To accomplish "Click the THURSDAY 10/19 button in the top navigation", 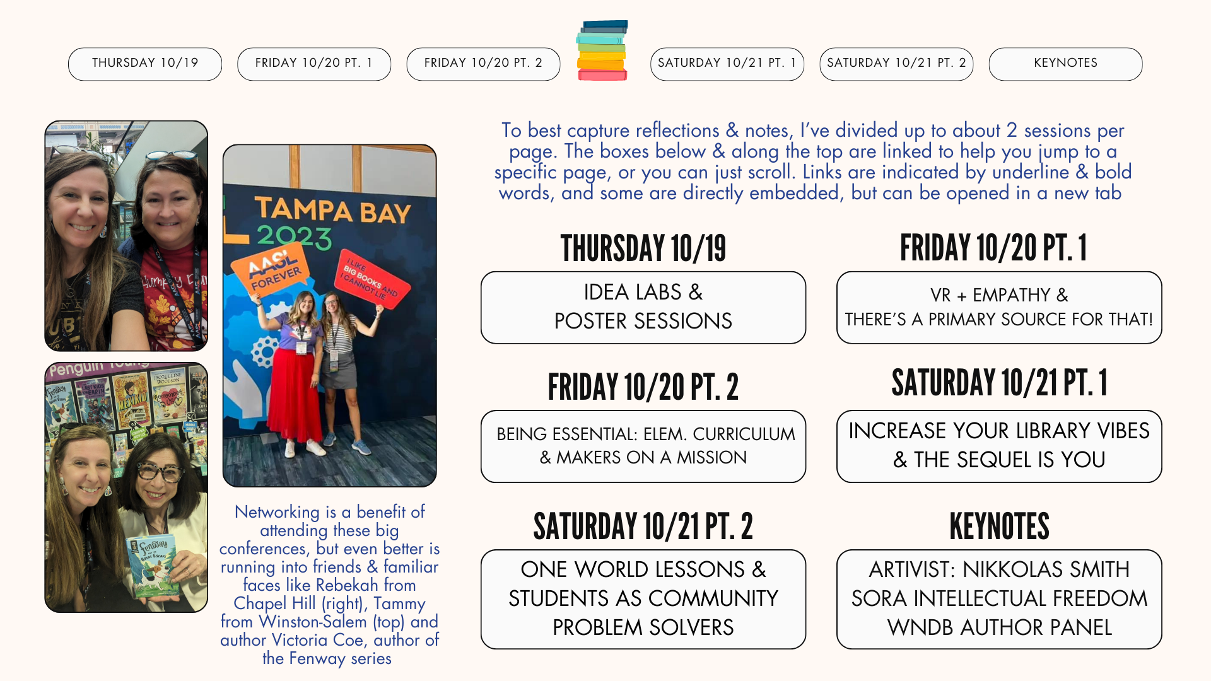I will pyautogui.click(x=145, y=64).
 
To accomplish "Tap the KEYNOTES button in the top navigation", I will pyautogui.click(x=1065, y=64).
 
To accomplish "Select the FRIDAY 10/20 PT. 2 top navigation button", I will pyautogui.click(x=483, y=64).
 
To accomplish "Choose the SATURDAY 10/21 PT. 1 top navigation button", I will pyautogui.click(x=727, y=64).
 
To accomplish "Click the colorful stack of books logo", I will pyautogui.click(x=602, y=50).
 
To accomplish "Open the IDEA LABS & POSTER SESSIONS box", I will pyautogui.click(x=643, y=307).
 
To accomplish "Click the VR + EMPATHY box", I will pyautogui.click(x=998, y=307).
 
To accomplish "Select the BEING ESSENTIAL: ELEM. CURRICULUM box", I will pyautogui.click(x=643, y=446).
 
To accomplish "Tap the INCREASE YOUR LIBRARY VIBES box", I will pyautogui.click(x=998, y=446).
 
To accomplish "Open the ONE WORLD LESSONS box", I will pyautogui.click(x=643, y=598).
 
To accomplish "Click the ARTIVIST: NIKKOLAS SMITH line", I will pyautogui.click(x=998, y=569).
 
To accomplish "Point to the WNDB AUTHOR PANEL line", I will pyautogui.click(x=998, y=627).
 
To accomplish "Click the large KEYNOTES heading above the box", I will pyautogui.click(x=999, y=527).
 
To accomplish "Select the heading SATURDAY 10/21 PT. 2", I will pyautogui.click(x=643, y=527).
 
